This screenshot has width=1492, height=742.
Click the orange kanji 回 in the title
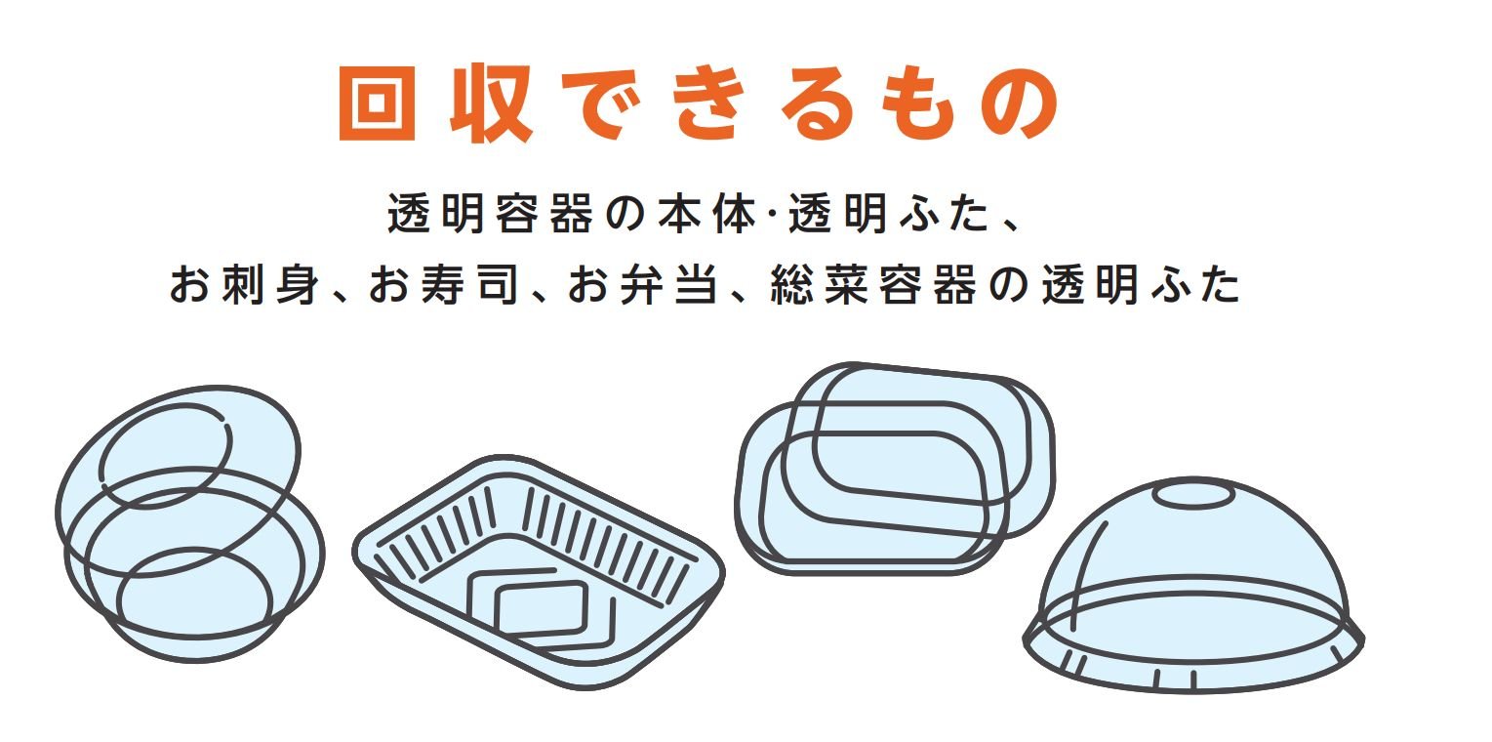click(x=378, y=103)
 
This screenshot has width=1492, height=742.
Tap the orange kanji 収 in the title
click(x=492, y=103)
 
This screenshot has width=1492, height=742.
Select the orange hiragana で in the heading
click(x=601, y=103)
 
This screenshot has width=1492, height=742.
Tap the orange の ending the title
click(x=1020, y=103)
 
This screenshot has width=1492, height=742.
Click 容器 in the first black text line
click(x=544, y=214)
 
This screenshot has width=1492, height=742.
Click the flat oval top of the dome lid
click(x=1193, y=495)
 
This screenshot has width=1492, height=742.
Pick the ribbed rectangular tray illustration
click(x=539, y=572)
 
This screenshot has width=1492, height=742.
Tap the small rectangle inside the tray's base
click(x=541, y=608)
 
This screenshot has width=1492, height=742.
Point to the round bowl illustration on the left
click(x=190, y=524)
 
